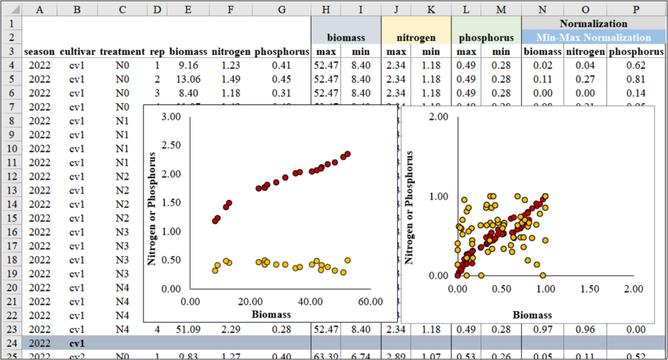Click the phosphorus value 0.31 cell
281,93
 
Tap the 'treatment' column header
122,52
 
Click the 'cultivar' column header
76,52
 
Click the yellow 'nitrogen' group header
416,38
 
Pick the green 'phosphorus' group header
486,38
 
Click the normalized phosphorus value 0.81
636,79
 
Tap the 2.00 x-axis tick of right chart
633,288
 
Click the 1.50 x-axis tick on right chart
589,288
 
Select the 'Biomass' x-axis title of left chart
271,314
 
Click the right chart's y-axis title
409,207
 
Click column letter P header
636,9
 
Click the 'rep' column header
157,52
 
